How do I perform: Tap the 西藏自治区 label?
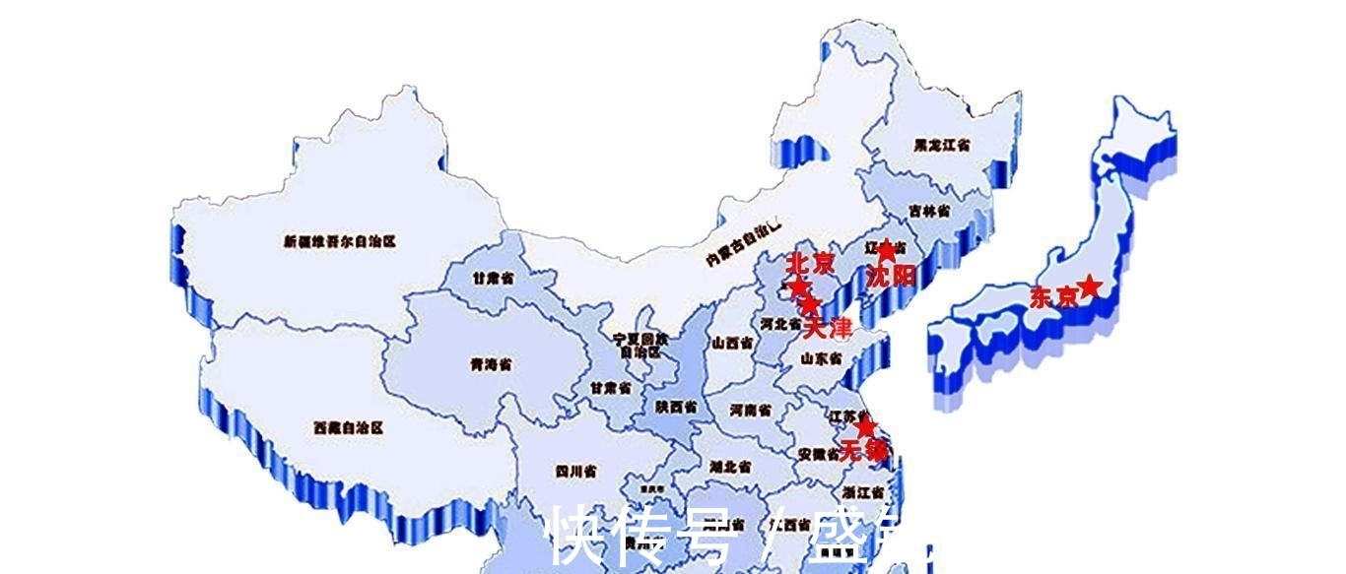(348, 428)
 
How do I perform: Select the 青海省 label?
(491, 364)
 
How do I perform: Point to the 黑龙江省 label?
(942, 145)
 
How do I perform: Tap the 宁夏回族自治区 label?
(641, 344)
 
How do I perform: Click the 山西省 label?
(733, 343)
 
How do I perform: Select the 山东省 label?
(820, 358)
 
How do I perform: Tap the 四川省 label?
(575, 472)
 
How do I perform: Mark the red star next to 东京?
(1089, 286)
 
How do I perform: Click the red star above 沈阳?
(886, 251)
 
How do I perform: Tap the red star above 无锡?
(865, 427)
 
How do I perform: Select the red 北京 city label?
(809, 264)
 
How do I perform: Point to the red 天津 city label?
(827, 328)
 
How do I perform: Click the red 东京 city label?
(1051, 297)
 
